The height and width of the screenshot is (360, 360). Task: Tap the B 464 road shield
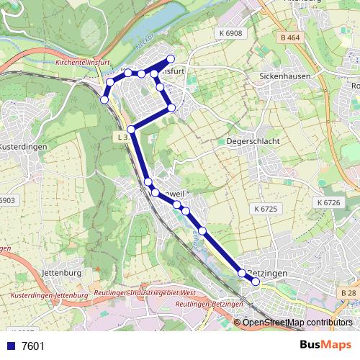pyautogui.click(x=290, y=37)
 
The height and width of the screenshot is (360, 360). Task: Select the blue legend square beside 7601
pyautogui.click(x=11, y=346)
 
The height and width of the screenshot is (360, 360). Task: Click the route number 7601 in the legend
pyautogui.click(x=33, y=346)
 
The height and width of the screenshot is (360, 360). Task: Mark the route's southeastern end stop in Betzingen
pyautogui.click(x=256, y=282)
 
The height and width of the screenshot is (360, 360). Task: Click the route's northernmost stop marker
pyautogui.click(x=171, y=58)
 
